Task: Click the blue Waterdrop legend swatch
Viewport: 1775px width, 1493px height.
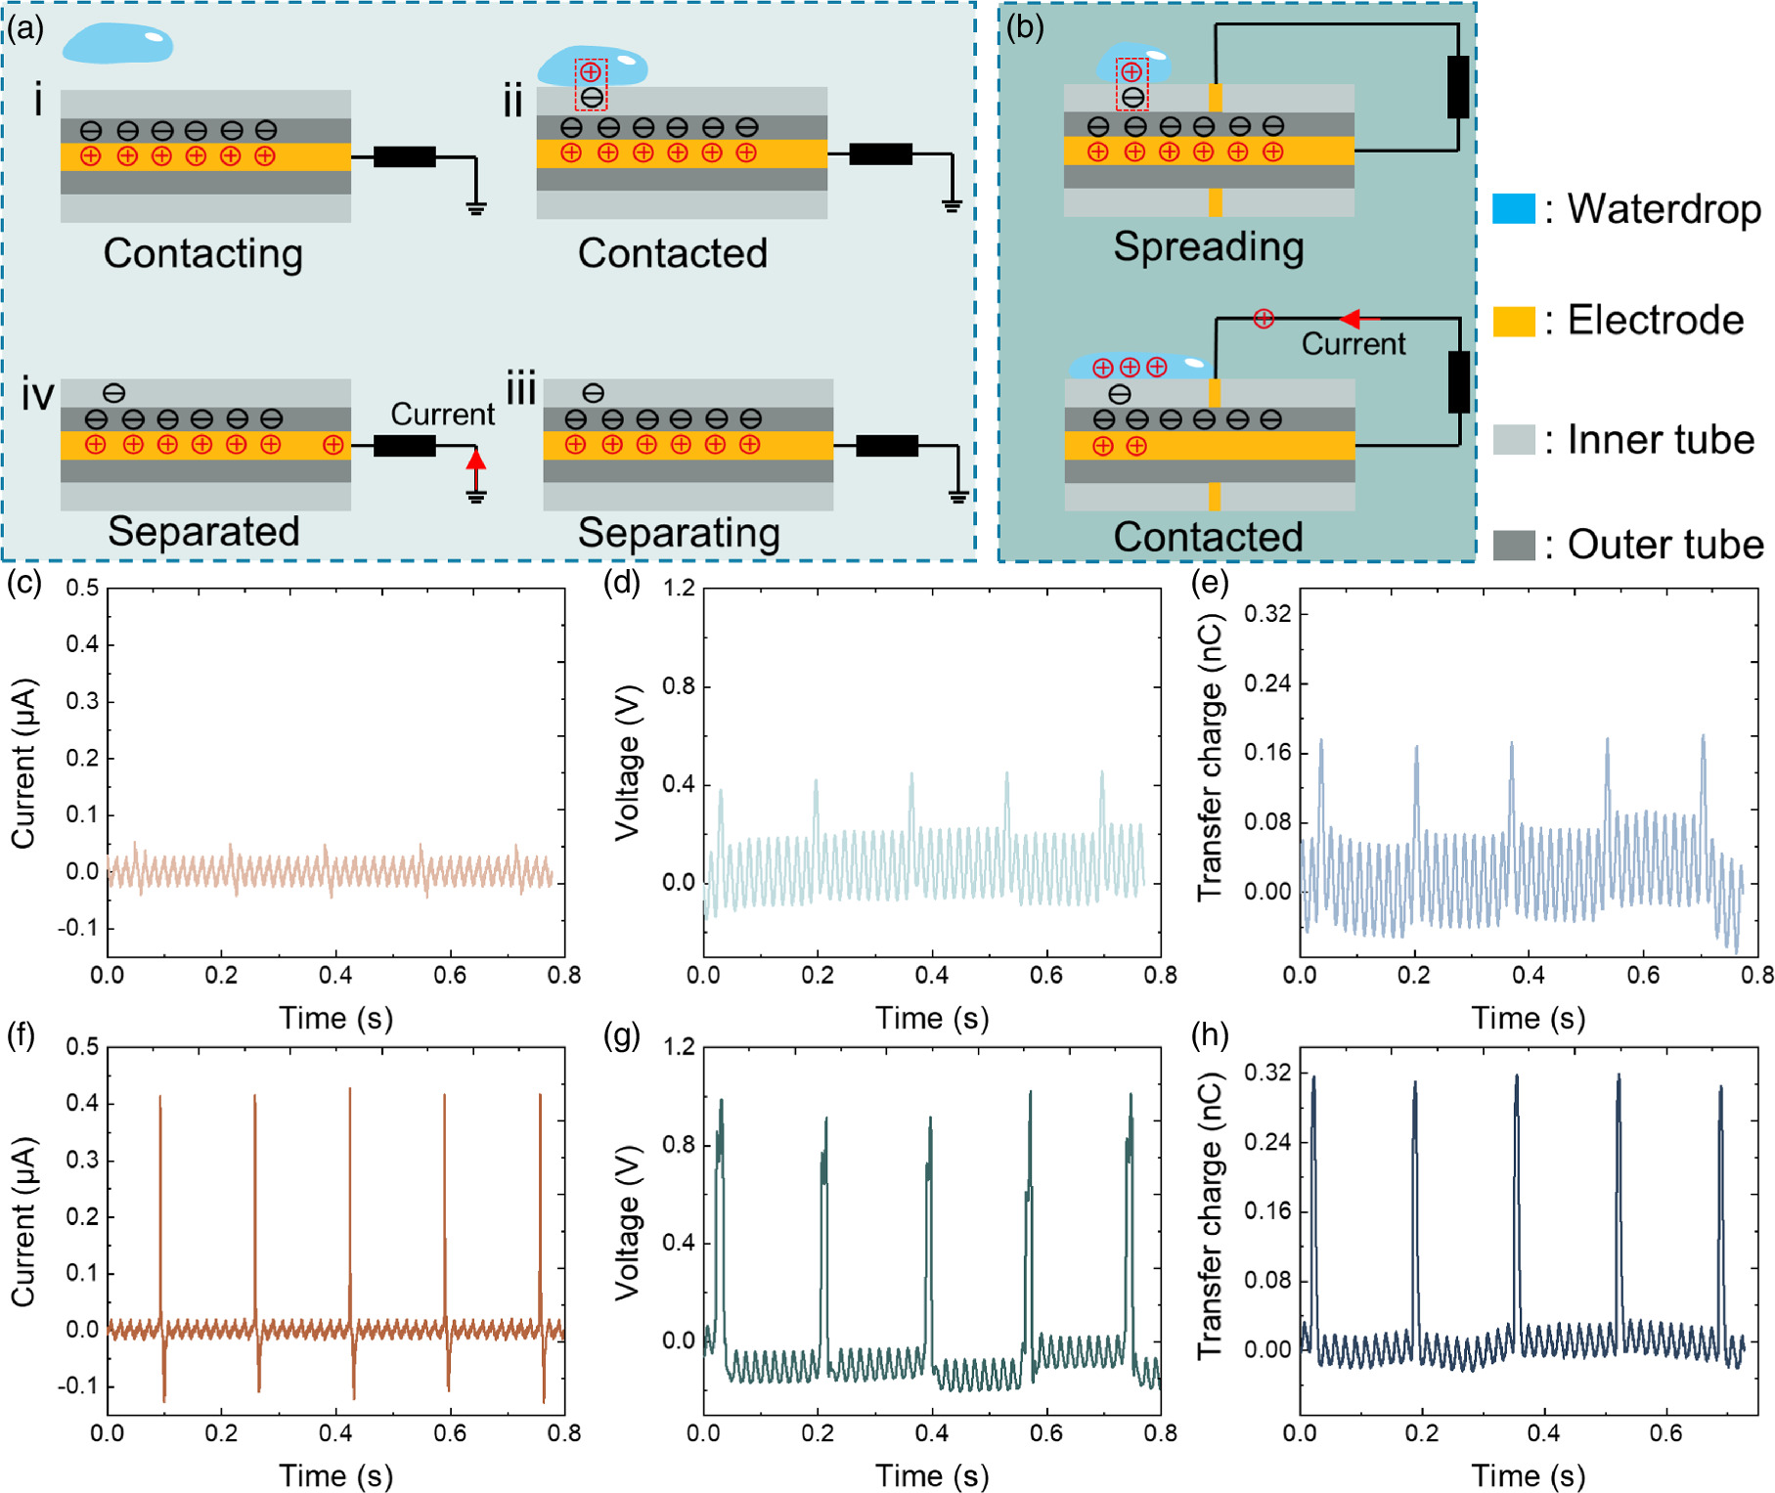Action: coord(1513,208)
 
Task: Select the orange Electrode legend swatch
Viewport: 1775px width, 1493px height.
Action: coord(1513,321)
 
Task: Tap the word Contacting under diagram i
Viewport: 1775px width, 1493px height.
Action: coord(203,253)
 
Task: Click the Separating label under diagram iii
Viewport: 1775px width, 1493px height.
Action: coord(679,533)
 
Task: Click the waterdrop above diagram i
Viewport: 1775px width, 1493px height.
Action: coord(117,44)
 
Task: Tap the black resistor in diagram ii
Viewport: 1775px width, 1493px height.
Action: coord(880,154)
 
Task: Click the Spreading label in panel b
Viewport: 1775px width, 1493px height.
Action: coord(1208,246)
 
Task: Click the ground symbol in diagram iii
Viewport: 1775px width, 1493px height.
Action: coord(957,497)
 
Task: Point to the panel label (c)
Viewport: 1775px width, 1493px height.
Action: coord(23,583)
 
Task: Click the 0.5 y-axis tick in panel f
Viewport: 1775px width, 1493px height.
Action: coord(82,1046)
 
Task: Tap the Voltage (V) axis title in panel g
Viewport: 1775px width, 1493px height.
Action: coord(627,1222)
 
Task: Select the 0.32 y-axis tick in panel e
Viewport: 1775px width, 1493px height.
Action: coord(1266,614)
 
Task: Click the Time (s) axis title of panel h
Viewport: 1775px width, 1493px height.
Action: coord(1528,1474)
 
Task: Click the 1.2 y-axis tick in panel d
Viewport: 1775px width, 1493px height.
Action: coord(679,588)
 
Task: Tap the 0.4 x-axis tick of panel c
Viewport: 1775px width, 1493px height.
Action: coord(335,975)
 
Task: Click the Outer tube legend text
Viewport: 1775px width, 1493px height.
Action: coord(1664,545)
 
